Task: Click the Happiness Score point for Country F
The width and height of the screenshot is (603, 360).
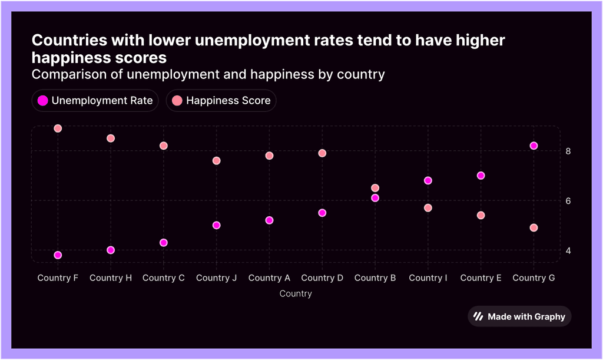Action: pyautogui.click(x=58, y=128)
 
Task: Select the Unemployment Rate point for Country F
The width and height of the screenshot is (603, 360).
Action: pyautogui.click(x=58, y=255)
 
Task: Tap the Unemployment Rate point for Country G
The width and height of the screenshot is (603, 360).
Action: pyautogui.click(x=534, y=146)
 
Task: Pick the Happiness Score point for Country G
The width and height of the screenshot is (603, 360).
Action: pyautogui.click(x=534, y=227)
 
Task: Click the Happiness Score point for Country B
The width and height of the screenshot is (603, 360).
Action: pyautogui.click(x=375, y=188)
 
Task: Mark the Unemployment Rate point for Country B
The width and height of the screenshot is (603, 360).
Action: pyautogui.click(x=375, y=198)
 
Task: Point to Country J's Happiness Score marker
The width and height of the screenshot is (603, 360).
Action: pyautogui.click(x=216, y=160)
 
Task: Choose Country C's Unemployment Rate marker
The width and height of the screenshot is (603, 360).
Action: pyautogui.click(x=164, y=243)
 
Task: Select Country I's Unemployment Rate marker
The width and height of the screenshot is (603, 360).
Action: pyautogui.click(x=428, y=180)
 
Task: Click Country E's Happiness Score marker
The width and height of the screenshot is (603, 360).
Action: pyautogui.click(x=481, y=215)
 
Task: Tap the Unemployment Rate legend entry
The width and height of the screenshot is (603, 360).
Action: pyautogui.click(x=95, y=100)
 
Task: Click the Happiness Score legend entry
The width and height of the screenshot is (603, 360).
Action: pyautogui.click(x=221, y=100)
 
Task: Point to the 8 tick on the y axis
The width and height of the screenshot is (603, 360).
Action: pyautogui.click(x=568, y=151)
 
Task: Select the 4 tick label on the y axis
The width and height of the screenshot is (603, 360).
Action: pyautogui.click(x=568, y=250)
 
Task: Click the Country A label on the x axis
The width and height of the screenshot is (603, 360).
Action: pyautogui.click(x=269, y=278)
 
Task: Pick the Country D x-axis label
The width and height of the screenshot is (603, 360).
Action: pyautogui.click(x=322, y=278)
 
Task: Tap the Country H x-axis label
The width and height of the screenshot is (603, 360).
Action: pyautogui.click(x=111, y=278)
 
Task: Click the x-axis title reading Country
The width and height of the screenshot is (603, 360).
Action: pyautogui.click(x=296, y=293)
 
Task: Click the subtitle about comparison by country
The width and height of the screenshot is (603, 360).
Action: pyautogui.click(x=208, y=75)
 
